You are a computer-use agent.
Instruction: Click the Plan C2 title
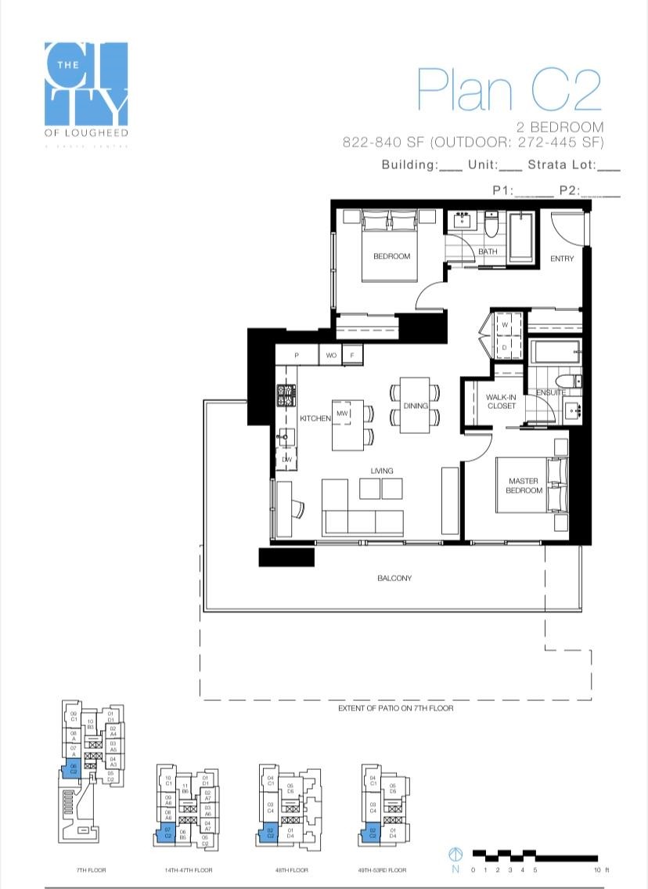(509, 89)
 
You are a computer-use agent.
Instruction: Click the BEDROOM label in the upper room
(391, 256)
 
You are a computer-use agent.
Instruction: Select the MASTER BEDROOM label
(524, 486)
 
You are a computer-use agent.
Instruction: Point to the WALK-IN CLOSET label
(501, 402)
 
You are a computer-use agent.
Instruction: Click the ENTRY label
(562, 258)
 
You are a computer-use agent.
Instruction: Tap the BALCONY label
(394, 578)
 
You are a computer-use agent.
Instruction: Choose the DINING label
(416, 406)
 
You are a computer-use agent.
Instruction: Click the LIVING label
(382, 471)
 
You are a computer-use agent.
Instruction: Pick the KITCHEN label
(315, 418)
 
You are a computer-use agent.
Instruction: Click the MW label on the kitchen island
(342, 413)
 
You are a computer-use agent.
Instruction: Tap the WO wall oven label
(331, 356)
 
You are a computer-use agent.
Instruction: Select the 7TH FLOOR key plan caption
(92, 870)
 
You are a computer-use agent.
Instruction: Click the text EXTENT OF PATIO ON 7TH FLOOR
(395, 708)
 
